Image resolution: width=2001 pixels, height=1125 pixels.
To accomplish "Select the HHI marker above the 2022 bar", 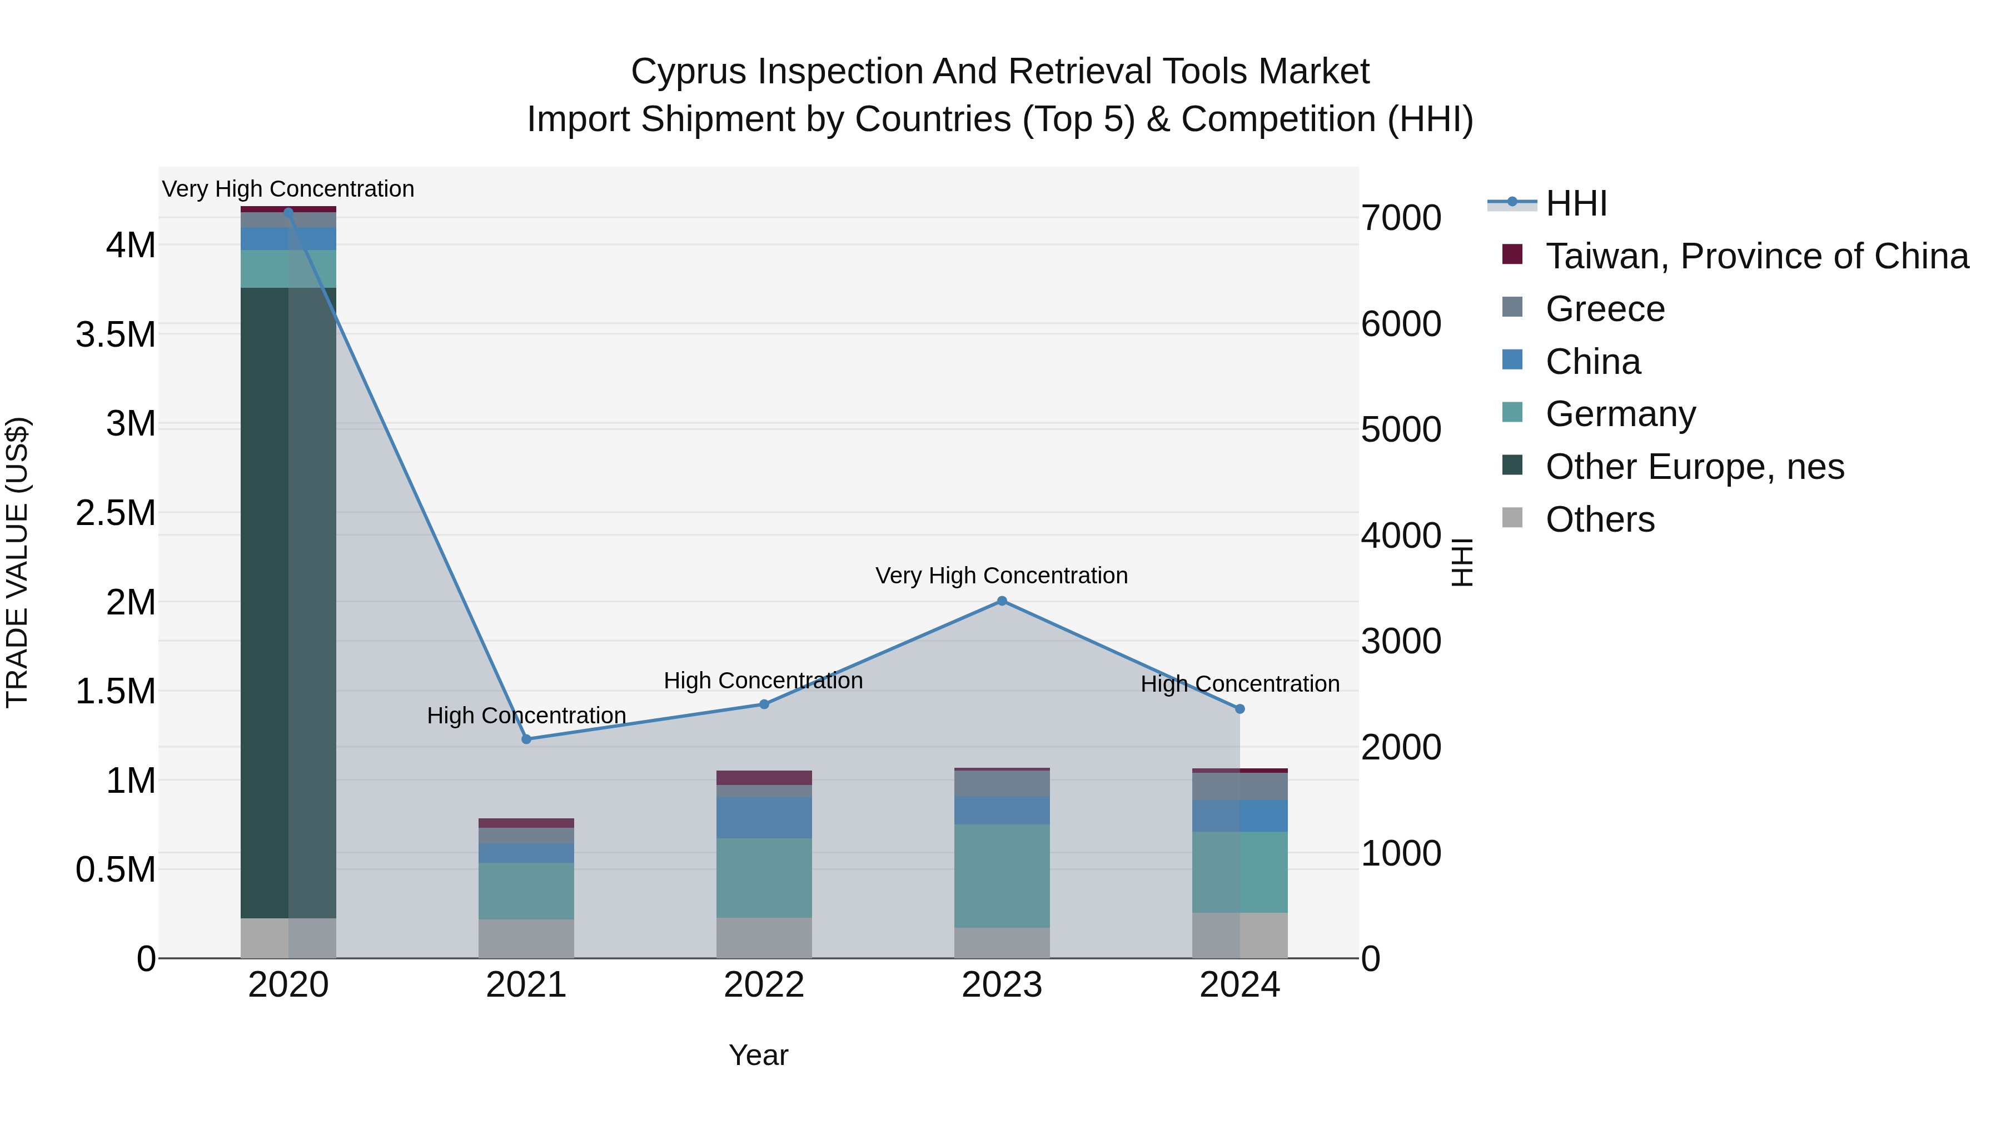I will coord(764,704).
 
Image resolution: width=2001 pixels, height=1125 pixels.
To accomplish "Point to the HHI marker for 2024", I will coord(1240,709).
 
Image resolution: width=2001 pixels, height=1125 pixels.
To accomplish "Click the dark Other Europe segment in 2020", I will coord(288,602).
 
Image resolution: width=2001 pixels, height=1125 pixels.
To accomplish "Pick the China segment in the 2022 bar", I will coord(764,818).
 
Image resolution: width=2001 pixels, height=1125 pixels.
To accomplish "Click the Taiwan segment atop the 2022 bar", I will coord(764,777).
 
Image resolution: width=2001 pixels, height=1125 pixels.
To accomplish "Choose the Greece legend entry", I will coord(1605,309).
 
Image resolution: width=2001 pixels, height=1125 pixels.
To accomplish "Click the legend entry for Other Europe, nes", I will coord(1694,467).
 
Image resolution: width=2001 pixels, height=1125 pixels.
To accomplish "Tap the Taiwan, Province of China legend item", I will coord(1756,256).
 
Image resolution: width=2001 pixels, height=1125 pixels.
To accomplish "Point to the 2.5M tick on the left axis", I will coord(116,513).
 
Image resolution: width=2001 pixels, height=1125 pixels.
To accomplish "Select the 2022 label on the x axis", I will coord(764,985).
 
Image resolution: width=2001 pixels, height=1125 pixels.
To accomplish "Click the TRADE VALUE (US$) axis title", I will coord(17,562).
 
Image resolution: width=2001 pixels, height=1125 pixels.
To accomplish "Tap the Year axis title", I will coord(758,1055).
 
